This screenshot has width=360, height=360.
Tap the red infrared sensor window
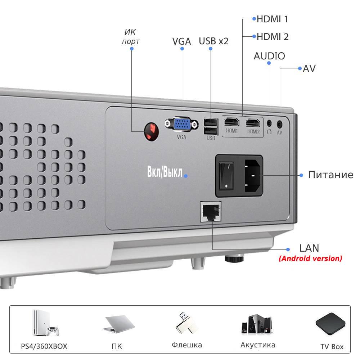[152, 132]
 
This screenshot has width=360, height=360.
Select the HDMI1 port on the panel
[231, 122]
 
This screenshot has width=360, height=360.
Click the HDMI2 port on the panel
[253, 123]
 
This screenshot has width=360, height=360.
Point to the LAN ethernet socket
[211, 212]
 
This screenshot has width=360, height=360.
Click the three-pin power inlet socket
[253, 176]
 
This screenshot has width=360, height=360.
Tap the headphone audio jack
[269, 123]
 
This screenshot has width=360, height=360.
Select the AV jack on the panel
[279, 125]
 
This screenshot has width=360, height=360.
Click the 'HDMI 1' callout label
[272, 19]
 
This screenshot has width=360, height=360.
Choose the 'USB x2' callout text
[213, 41]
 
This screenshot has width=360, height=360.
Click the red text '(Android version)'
[310, 258]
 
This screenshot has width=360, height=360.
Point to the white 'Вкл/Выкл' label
[165, 172]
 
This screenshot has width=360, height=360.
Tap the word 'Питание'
[330, 175]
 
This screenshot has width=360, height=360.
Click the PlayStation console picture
[46, 323]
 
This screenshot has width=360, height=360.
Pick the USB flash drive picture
[186, 323]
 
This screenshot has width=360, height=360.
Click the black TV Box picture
[330, 324]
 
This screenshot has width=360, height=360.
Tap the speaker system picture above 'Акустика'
[257, 324]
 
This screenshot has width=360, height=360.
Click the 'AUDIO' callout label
[269, 56]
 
